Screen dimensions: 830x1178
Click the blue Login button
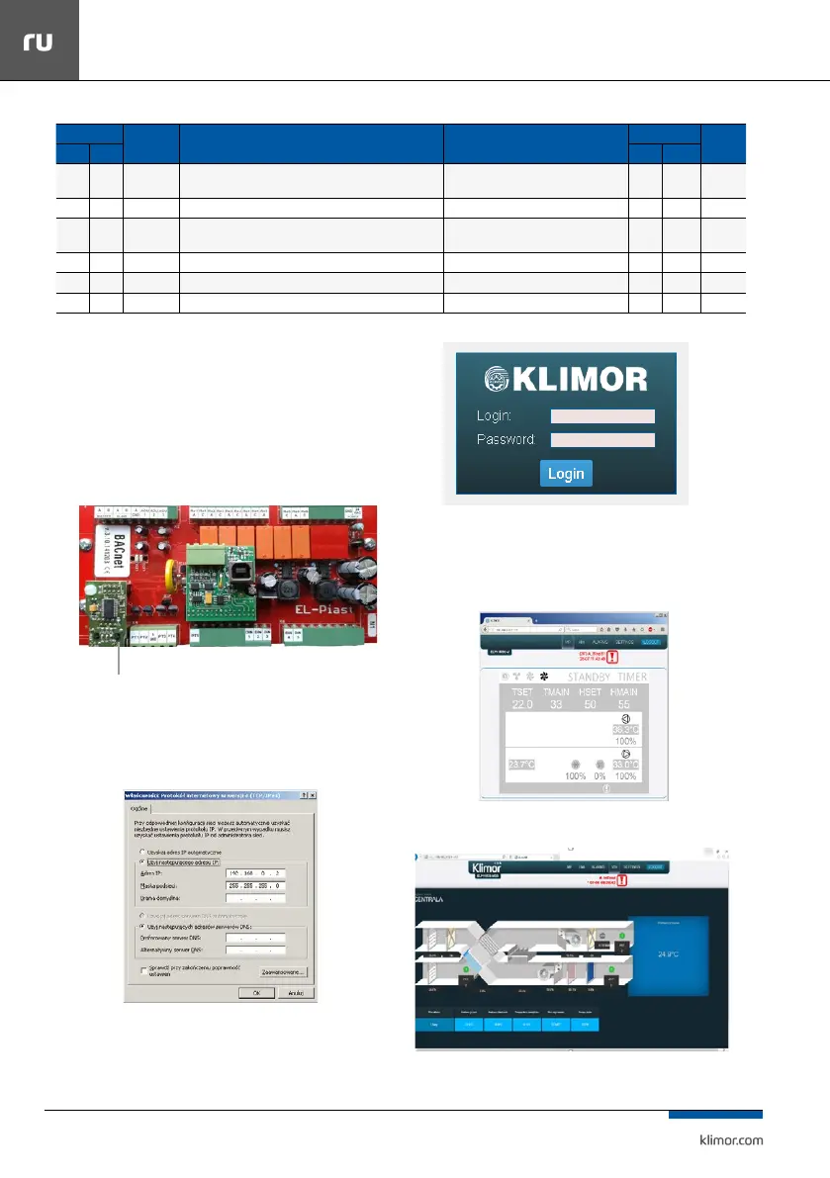[x=566, y=473]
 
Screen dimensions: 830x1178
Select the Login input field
[x=602, y=416]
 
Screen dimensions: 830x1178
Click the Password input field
[x=602, y=439]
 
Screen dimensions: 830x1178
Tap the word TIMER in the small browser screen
[x=632, y=678]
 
